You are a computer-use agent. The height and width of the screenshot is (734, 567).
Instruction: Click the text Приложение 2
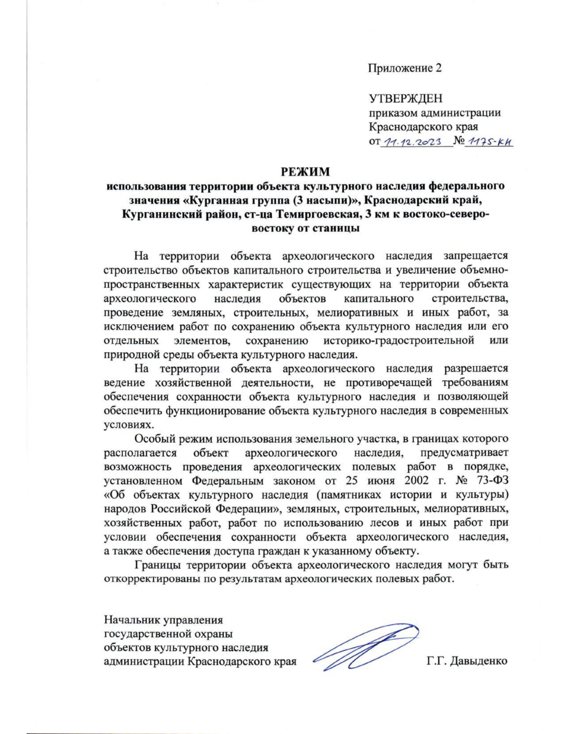coord(405,68)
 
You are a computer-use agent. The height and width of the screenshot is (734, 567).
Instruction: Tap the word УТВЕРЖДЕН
coord(405,99)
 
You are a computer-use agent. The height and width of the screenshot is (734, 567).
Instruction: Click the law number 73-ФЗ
coord(491,481)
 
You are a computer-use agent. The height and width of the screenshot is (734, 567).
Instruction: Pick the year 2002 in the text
coord(418,481)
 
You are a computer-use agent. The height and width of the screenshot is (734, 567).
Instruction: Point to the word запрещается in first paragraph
coord(475,256)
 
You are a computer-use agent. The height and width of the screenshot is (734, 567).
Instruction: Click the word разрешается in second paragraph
coord(476,368)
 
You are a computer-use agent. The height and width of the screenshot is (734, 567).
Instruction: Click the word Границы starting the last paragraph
coord(158,565)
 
